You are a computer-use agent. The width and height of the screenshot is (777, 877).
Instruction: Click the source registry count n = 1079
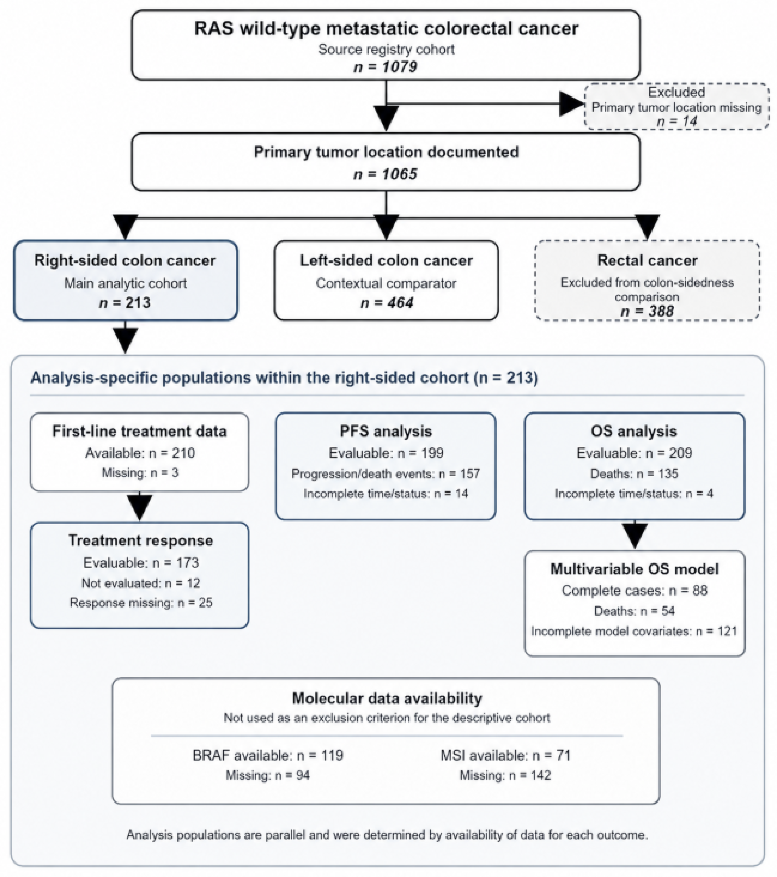[385, 67]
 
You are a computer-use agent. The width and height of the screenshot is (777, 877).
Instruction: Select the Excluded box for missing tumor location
[677, 106]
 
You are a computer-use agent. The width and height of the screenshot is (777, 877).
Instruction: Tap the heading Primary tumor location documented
[386, 152]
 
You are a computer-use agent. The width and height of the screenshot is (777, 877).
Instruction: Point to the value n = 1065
[385, 174]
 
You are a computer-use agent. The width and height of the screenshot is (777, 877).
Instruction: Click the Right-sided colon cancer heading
[125, 260]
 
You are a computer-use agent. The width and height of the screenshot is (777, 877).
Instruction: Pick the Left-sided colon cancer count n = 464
[386, 303]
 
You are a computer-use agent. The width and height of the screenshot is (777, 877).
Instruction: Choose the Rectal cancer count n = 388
[647, 311]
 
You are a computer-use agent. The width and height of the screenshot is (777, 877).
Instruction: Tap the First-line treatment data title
[140, 431]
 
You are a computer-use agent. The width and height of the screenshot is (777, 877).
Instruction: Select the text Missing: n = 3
[140, 472]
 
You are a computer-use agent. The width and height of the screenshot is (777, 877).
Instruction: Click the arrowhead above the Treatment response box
[140, 508]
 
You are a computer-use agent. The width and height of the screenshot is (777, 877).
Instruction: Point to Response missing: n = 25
[141, 602]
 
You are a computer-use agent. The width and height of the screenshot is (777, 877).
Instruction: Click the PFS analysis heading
[386, 431]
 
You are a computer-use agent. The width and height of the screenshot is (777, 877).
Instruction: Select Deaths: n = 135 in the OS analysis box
[634, 473]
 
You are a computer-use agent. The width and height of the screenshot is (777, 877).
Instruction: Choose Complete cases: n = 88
[634, 590]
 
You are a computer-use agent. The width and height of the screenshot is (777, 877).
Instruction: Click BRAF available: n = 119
[268, 755]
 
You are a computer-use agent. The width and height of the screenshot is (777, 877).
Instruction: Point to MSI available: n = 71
[505, 755]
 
